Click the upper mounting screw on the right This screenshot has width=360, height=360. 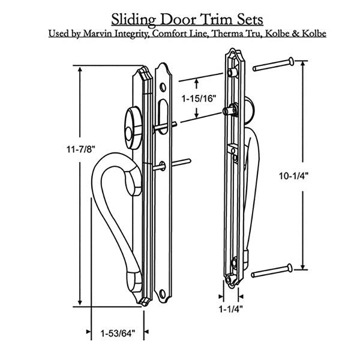(x=274, y=63)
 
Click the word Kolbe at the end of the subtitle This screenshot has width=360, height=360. (x=315, y=34)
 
